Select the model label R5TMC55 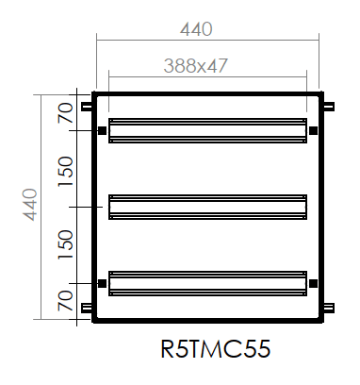[216, 350]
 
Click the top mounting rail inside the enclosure [207, 130]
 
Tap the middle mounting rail [207, 206]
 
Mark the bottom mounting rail [207, 282]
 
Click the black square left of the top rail [101, 130]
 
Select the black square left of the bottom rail [101, 282]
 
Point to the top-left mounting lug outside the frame [87, 106]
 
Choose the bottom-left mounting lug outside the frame [87, 308]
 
